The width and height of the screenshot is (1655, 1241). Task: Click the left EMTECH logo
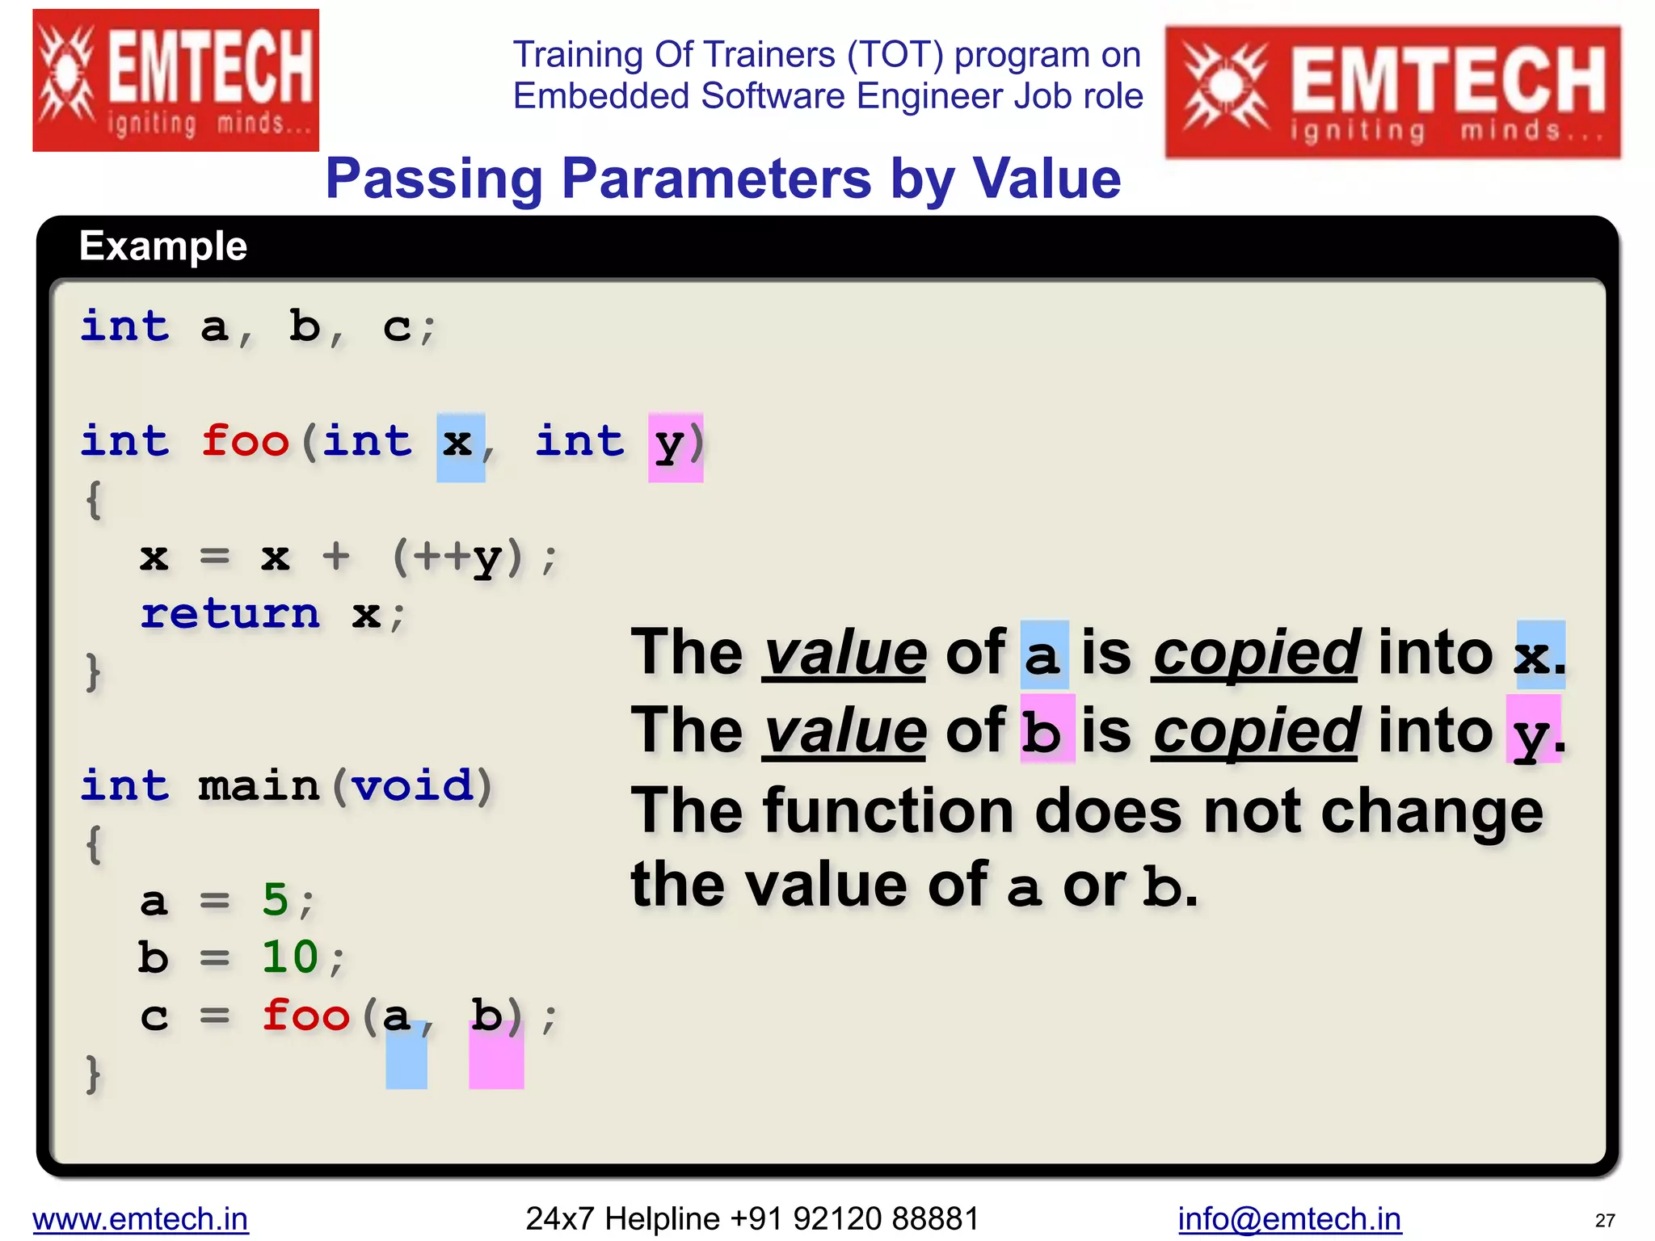175,80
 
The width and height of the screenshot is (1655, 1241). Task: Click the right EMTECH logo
1392,92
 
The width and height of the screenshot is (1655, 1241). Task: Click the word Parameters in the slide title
716,179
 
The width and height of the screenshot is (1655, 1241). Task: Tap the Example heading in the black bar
163,246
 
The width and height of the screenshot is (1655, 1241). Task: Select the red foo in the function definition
245,441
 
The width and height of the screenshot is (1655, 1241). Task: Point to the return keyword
230,614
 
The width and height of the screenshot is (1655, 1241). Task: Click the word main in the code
259,786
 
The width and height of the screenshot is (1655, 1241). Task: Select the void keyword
412,786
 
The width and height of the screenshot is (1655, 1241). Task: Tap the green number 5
276,899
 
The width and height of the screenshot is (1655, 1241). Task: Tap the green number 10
290,957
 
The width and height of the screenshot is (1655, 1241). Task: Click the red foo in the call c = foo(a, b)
305,1015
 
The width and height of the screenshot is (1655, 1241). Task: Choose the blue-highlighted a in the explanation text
1043,655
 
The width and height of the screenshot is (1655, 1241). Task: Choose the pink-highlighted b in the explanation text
1045,732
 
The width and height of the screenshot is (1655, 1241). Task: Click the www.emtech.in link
141,1218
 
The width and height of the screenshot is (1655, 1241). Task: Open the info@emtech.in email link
1289,1218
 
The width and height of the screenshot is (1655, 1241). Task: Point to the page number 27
1605,1220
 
